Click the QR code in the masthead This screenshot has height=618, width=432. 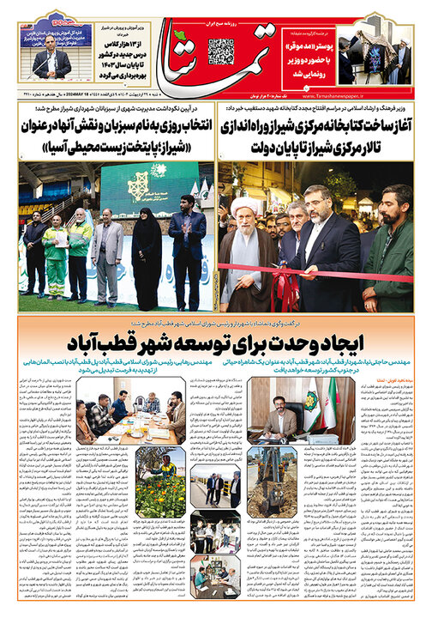tap(220, 51)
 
